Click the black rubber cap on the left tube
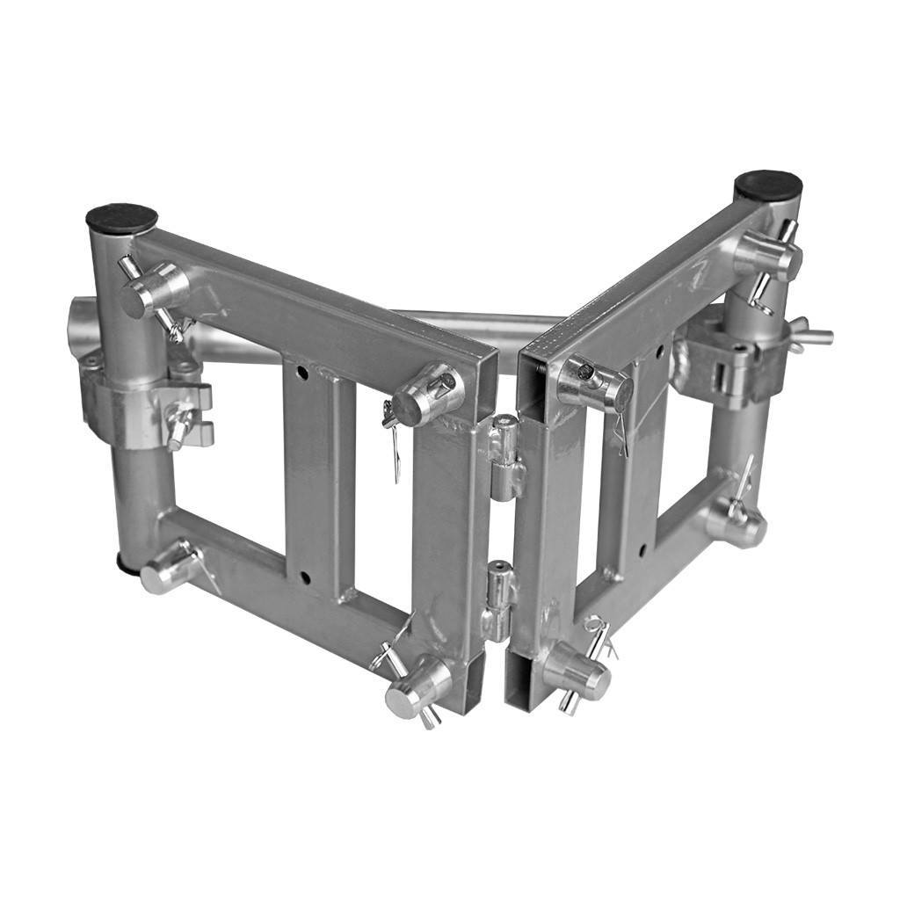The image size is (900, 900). [x=121, y=217]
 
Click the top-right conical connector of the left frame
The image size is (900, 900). [x=425, y=395]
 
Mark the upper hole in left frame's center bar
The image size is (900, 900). [x=302, y=372]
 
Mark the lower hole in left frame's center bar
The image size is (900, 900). [x=305, y=577]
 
